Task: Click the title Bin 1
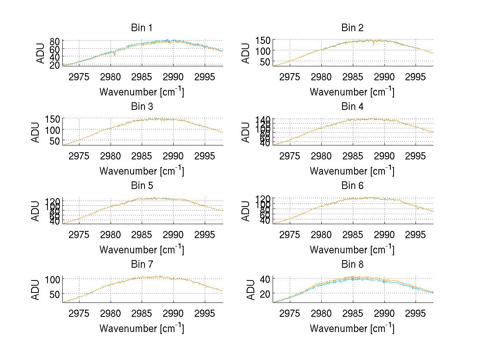click(141, 28)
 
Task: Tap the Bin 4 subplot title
click(352, 107)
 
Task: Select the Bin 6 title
click(352, 186)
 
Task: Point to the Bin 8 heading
click(352, 265)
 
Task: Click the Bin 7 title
click(141, 265)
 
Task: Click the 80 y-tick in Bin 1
click(55, 41)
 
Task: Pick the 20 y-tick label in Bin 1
click(55, 65)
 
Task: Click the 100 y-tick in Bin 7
click(52, 279)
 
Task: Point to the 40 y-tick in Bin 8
click(265, 278)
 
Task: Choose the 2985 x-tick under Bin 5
click(142, 234)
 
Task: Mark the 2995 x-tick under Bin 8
click(416, 313)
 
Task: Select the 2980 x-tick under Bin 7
click(111, 313)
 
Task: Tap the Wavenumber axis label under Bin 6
click(352, 250)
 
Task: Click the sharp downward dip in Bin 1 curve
click(115, 55)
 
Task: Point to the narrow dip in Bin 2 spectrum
click(374, 44)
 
